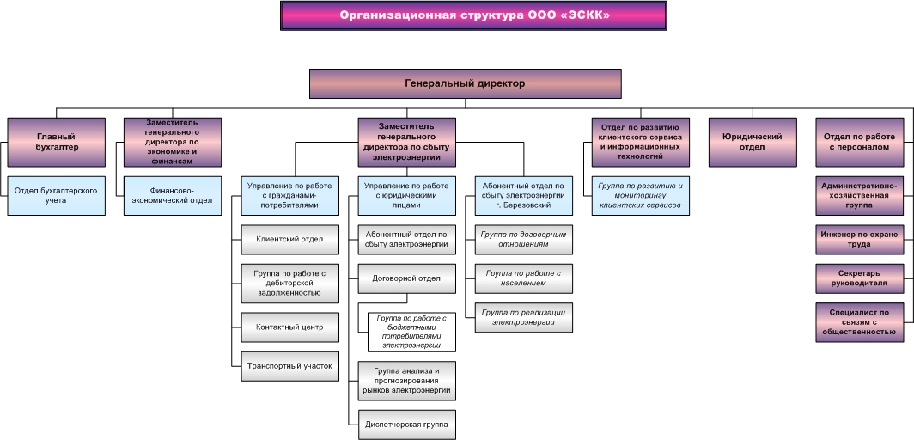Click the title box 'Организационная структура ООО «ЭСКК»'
pyautogui.click(x=473, y=15)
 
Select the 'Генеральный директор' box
pyautogui.click(x=466, y=84)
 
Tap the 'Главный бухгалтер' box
pyautogui.click(x=57, y=142)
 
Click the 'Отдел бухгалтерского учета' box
pyautogui.click(x=57, y=196)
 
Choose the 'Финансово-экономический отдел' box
pyautogui.click(x=174, y=196)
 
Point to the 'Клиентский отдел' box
pyautogui.click(x=290, y=240)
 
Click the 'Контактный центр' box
pyautogui.click(x=290, y=327)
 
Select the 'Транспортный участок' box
pyautogui.click(x=290, y=367)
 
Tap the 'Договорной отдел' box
pyautogui.click(x=407, y=278)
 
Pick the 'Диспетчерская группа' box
pyautogui.click(x=407, y=425)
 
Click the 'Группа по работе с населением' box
pyautogui.click(x=524, y=278)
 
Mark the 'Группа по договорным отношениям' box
pyautogui.click(x=524, y=240)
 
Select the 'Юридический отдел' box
pyautogui.click(x=753, y=142)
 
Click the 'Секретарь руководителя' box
pyautogui.click(x=860, y=278)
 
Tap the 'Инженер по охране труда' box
pyautogui.click(x=860, y=240)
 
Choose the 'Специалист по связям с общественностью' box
pyautogui.click(x=860, y=322)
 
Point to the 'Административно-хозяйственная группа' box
pyautogui.click(x=860, y=196)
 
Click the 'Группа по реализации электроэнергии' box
pyautogui.click(x=524, y=318)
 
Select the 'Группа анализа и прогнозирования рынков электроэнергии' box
pyautogui.click(x=407, y=382)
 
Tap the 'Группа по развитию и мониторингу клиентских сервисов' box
pyautogui.click(x=641, y=196)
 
